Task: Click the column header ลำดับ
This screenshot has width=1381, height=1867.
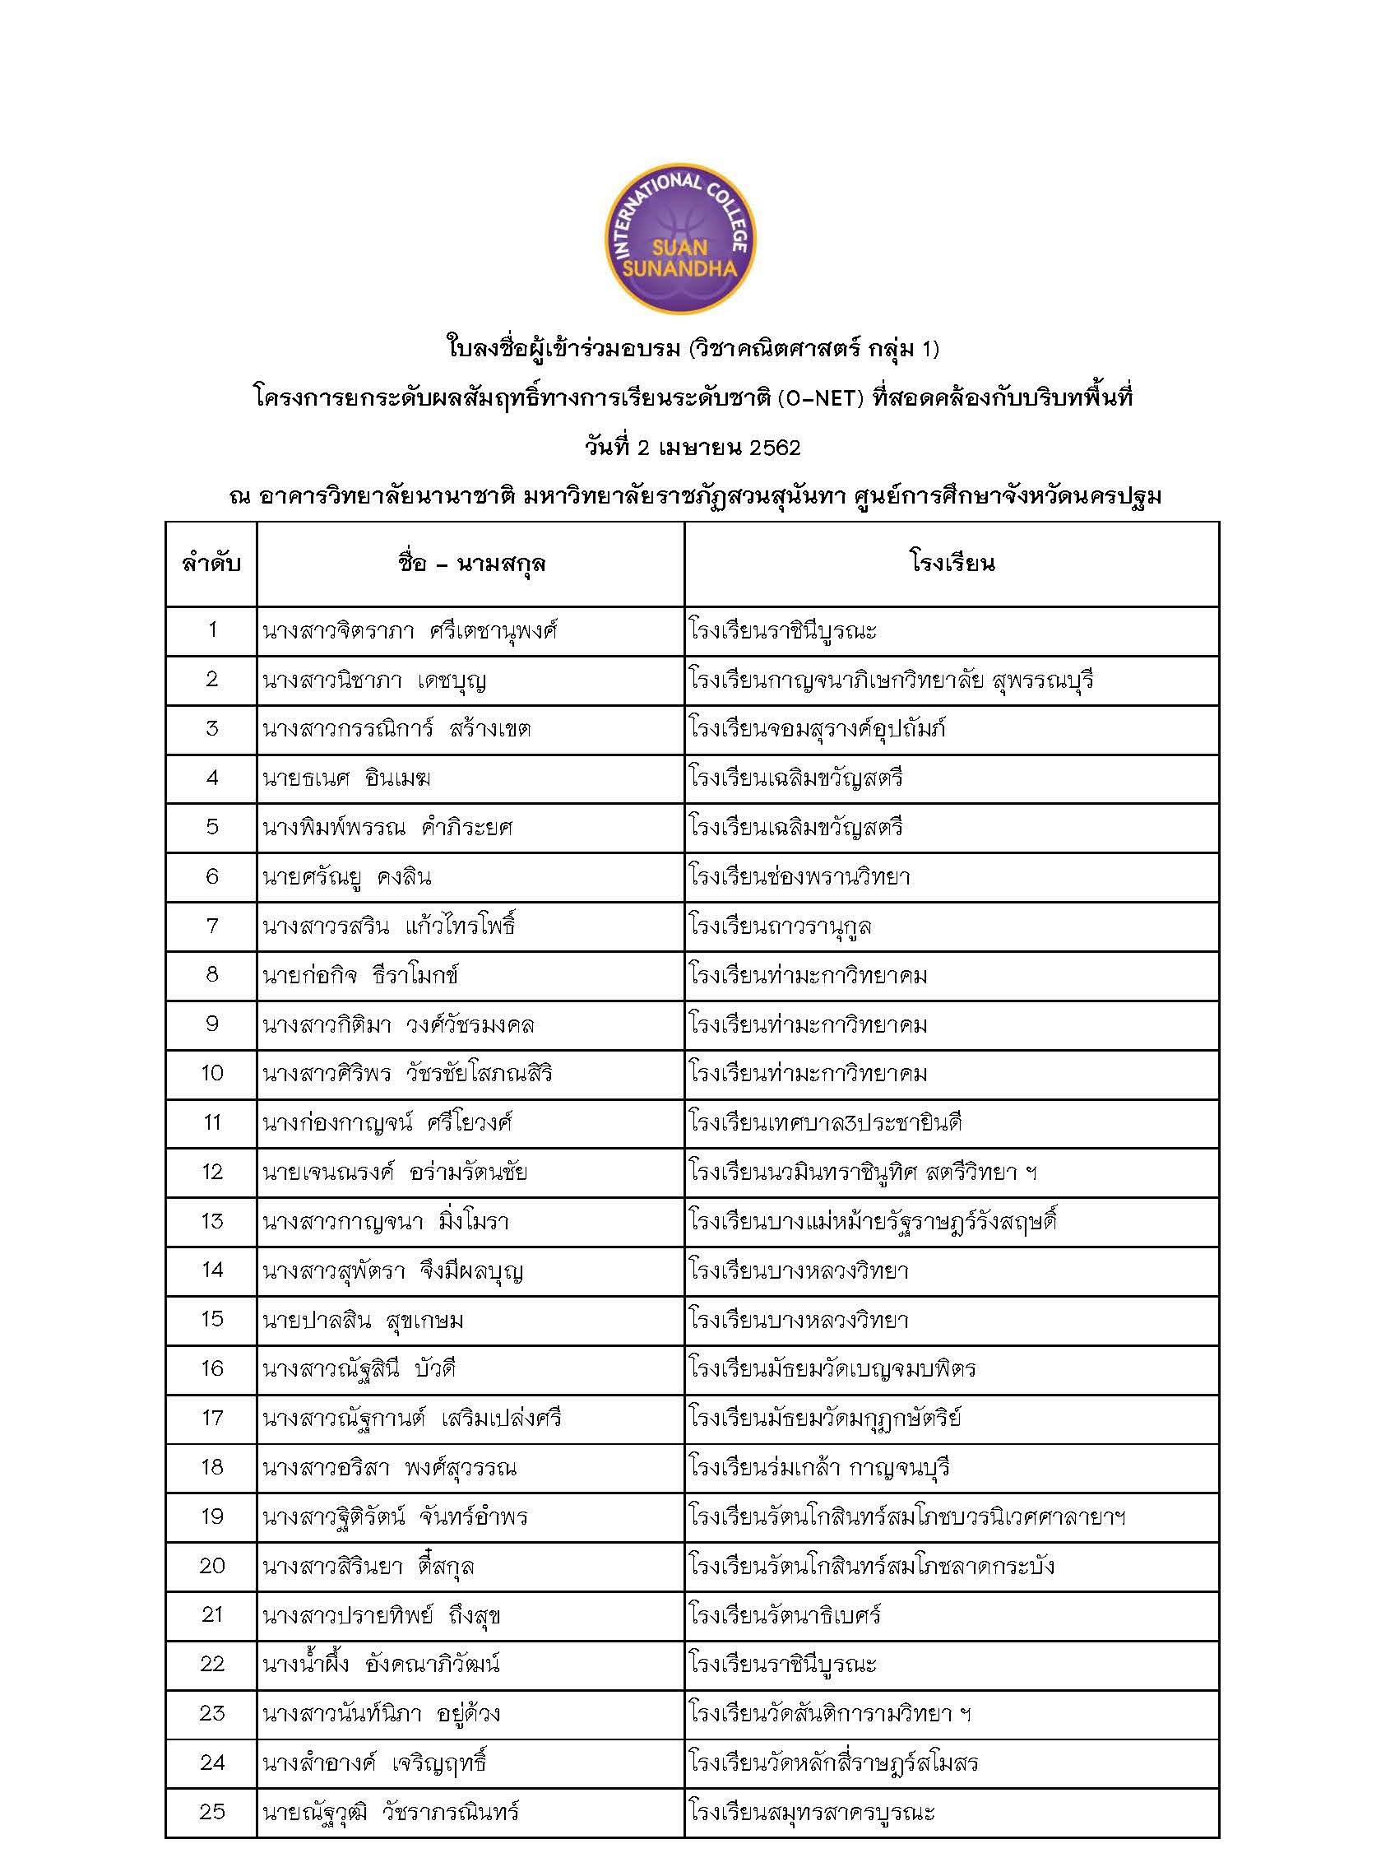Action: [x=211, y=564]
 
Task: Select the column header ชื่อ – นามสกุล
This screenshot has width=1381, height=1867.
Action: [x=470, y=564]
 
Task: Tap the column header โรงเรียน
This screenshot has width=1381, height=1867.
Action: [x=952, y=564]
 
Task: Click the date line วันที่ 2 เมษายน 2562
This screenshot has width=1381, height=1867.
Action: [x=693, y=448]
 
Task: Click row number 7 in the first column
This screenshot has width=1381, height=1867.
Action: [x=211, y=926]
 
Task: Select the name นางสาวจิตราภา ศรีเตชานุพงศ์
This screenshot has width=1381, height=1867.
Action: [x=410, y=630]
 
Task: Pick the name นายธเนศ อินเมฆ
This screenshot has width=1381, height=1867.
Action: [x=347, y=778]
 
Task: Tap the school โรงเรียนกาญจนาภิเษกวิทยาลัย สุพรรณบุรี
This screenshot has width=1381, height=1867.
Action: [x=891, y=680]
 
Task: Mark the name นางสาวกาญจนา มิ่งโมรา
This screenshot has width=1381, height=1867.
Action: [x=386, y=1222]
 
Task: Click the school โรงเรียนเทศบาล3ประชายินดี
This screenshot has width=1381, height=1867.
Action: [x=826, y=1122]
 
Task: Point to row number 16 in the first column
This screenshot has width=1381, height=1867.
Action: [x=211, y=1368]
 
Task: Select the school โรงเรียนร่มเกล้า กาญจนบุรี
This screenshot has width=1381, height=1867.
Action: [x=819, y=1467]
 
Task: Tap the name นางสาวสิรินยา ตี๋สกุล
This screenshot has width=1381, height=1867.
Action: [x=368, y=1566]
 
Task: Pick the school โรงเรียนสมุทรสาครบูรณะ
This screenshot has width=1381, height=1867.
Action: [x=812, y=1812]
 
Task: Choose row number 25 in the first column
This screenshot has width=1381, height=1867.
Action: [x=211, y=1811]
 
